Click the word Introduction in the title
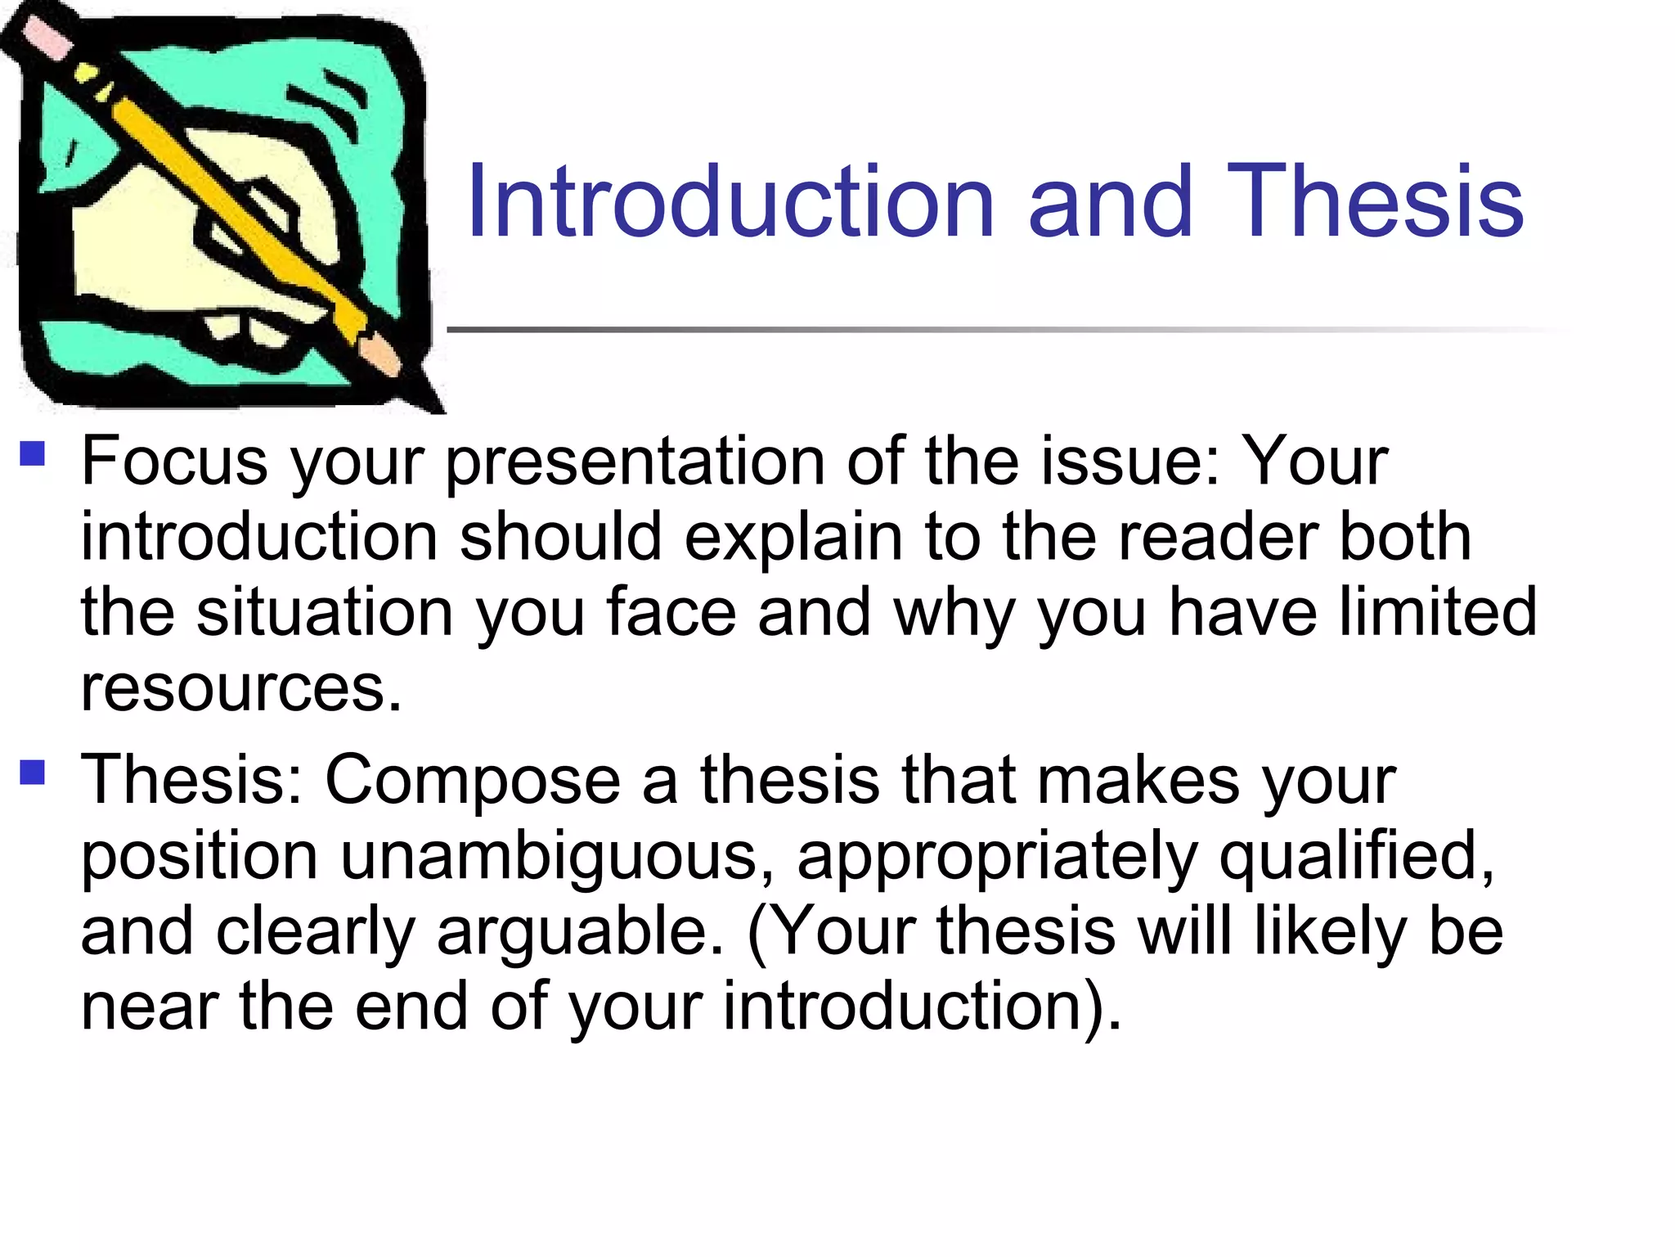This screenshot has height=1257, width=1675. pos(730,201)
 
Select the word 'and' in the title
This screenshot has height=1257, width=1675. pos(1110,201)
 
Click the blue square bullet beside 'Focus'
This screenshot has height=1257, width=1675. pos(32,453)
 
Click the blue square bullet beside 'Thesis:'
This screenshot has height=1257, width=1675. pos(32,772)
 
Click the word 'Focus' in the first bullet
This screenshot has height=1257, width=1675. pos(174,462)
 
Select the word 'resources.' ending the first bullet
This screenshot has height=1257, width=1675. pos(241,687)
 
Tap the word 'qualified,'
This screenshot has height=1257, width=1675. pos(1358,857)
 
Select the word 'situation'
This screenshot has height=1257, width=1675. pos(325,612)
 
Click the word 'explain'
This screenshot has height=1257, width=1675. pos(793,537)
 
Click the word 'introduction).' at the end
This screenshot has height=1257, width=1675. pos(923,1007)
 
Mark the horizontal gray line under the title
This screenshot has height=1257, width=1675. pos(981,330)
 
